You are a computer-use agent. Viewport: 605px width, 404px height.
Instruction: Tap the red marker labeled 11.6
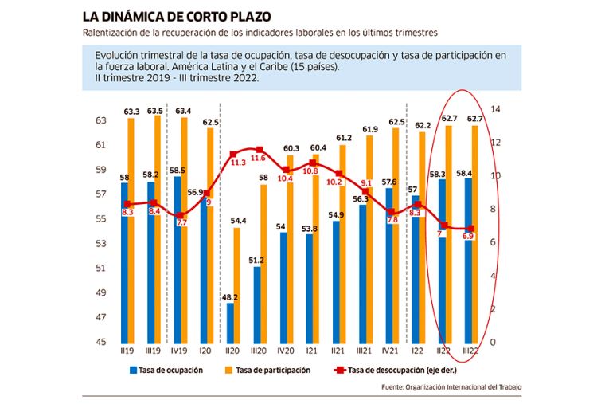tap(260, 149)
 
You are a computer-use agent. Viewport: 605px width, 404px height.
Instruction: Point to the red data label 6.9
tap(469, 237)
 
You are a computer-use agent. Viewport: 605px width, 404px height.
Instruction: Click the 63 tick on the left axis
tap(101, 120)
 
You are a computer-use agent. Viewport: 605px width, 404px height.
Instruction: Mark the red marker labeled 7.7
tap(181, 215)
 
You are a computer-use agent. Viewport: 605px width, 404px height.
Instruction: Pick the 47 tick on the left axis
tap(101, 317)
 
